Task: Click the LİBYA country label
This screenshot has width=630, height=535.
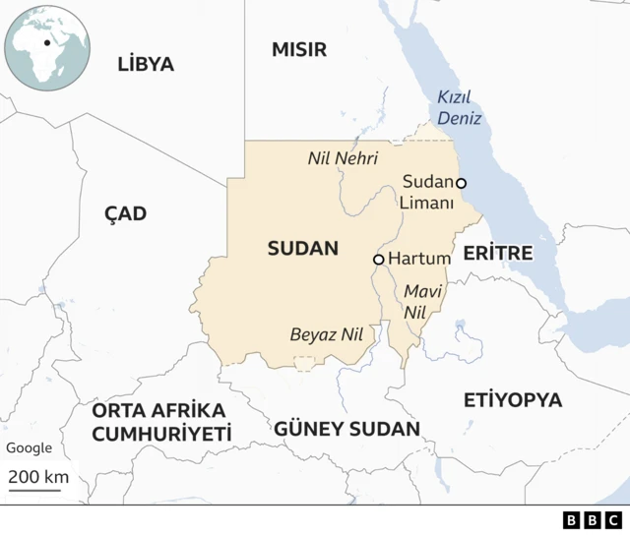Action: pyautogui.click(x=145, y=65)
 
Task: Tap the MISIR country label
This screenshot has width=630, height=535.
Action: pyautogui.click(x=299, y=50)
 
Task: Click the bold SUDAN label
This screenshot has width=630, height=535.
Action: pyautogui.click(x=302, y=249)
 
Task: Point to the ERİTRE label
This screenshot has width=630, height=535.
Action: pyautogui.click(x=498, y=253)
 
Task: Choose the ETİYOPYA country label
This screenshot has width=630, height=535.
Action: pyautogui.click(x=513, y=399)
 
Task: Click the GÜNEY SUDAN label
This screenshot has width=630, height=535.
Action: pyautogui.click(x=346, y=429)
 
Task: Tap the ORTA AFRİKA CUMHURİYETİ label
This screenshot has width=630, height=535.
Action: pyautogui.click(x=160, y=422)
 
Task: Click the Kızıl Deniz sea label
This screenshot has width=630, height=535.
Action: pyautogui.click(x=460, y=107)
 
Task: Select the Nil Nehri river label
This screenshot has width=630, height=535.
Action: pyautogui.click(x=343, y=157)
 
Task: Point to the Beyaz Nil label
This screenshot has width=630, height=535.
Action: pyautogui.click(x=327, y=334)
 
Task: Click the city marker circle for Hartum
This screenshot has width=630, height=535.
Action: pyautogui.click(x=378, y=260)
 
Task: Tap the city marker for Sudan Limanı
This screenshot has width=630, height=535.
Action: pyautogui.click(x=461, y=183)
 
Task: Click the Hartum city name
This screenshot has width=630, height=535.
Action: pyautogui.click(x=419, y=259)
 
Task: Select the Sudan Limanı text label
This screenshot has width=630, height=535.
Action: pyautogui.click(x=428, y=193)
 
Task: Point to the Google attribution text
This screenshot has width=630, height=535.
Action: pyautogui.click(x=30, y=447)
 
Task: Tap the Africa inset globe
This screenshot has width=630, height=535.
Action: pyautogui.click(x=46, y=46)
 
